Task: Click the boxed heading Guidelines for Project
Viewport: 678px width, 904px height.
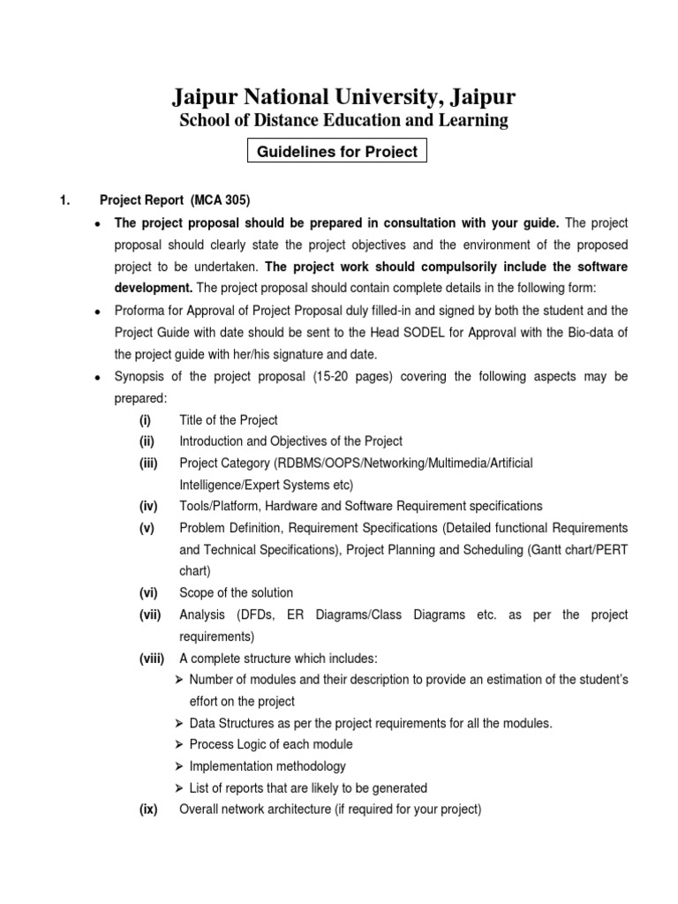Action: (x=336, y=151)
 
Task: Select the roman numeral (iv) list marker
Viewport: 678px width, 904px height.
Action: (x=147, y=506)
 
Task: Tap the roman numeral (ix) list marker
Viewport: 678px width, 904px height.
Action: (x=147, y=810)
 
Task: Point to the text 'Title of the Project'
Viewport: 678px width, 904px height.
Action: (x=229, y=419)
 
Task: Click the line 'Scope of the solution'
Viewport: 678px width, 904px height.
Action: (x=236, y=592)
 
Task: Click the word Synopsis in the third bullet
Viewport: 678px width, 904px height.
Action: (x=141, y=377)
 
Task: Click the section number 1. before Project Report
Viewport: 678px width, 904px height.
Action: (x=64, y=200)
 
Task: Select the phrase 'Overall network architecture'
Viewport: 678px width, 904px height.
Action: (x=255, y=810)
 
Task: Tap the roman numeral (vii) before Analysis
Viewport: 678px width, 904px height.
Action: (x=149, y=614)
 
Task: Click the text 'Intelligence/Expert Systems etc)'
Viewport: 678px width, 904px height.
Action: (x=266, y=485)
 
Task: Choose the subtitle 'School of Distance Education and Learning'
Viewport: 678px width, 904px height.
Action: (x=343, y=120)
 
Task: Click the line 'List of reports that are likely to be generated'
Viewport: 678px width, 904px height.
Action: (x=308, y=787)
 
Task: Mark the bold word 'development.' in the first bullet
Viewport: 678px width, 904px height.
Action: (x=154, y=287)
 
